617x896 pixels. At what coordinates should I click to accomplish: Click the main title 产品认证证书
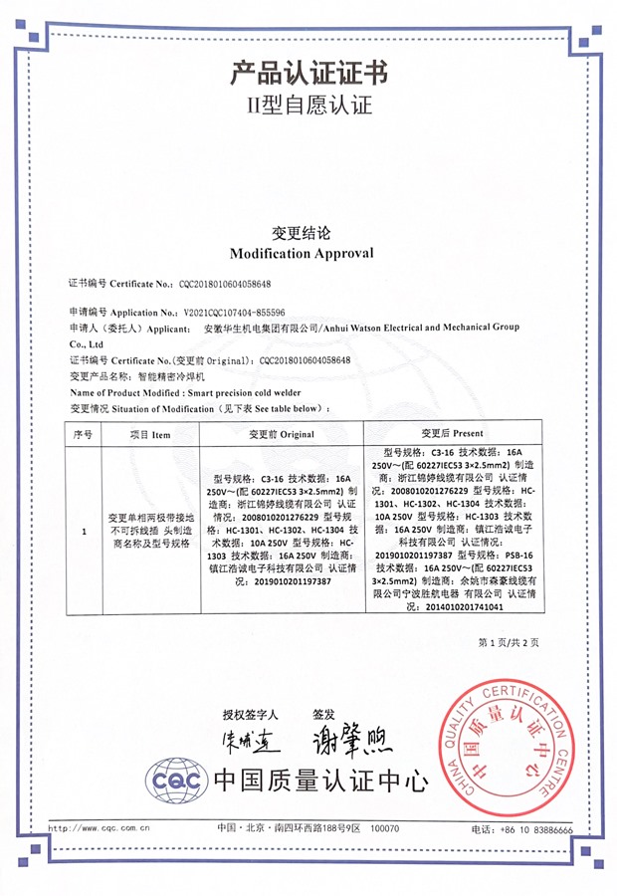(x=308, y=73)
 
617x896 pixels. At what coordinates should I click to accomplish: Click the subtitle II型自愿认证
(x=308, y=105)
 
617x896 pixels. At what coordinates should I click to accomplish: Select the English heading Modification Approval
(x=302, y=253)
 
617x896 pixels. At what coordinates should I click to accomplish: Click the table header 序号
(x=83, y=434)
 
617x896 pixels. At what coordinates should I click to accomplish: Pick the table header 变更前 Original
(x=282, y=434)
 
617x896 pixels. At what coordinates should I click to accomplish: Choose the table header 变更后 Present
(x=452, y=434)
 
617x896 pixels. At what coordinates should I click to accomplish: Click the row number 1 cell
(x=83, y=532)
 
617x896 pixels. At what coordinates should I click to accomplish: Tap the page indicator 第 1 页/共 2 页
(x=509, y=642)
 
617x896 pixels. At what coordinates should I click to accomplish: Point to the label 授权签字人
(x=251, y=715)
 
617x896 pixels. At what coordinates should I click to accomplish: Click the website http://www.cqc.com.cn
(x=100, y=827)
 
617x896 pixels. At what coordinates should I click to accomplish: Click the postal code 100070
(x=384, y=828)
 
